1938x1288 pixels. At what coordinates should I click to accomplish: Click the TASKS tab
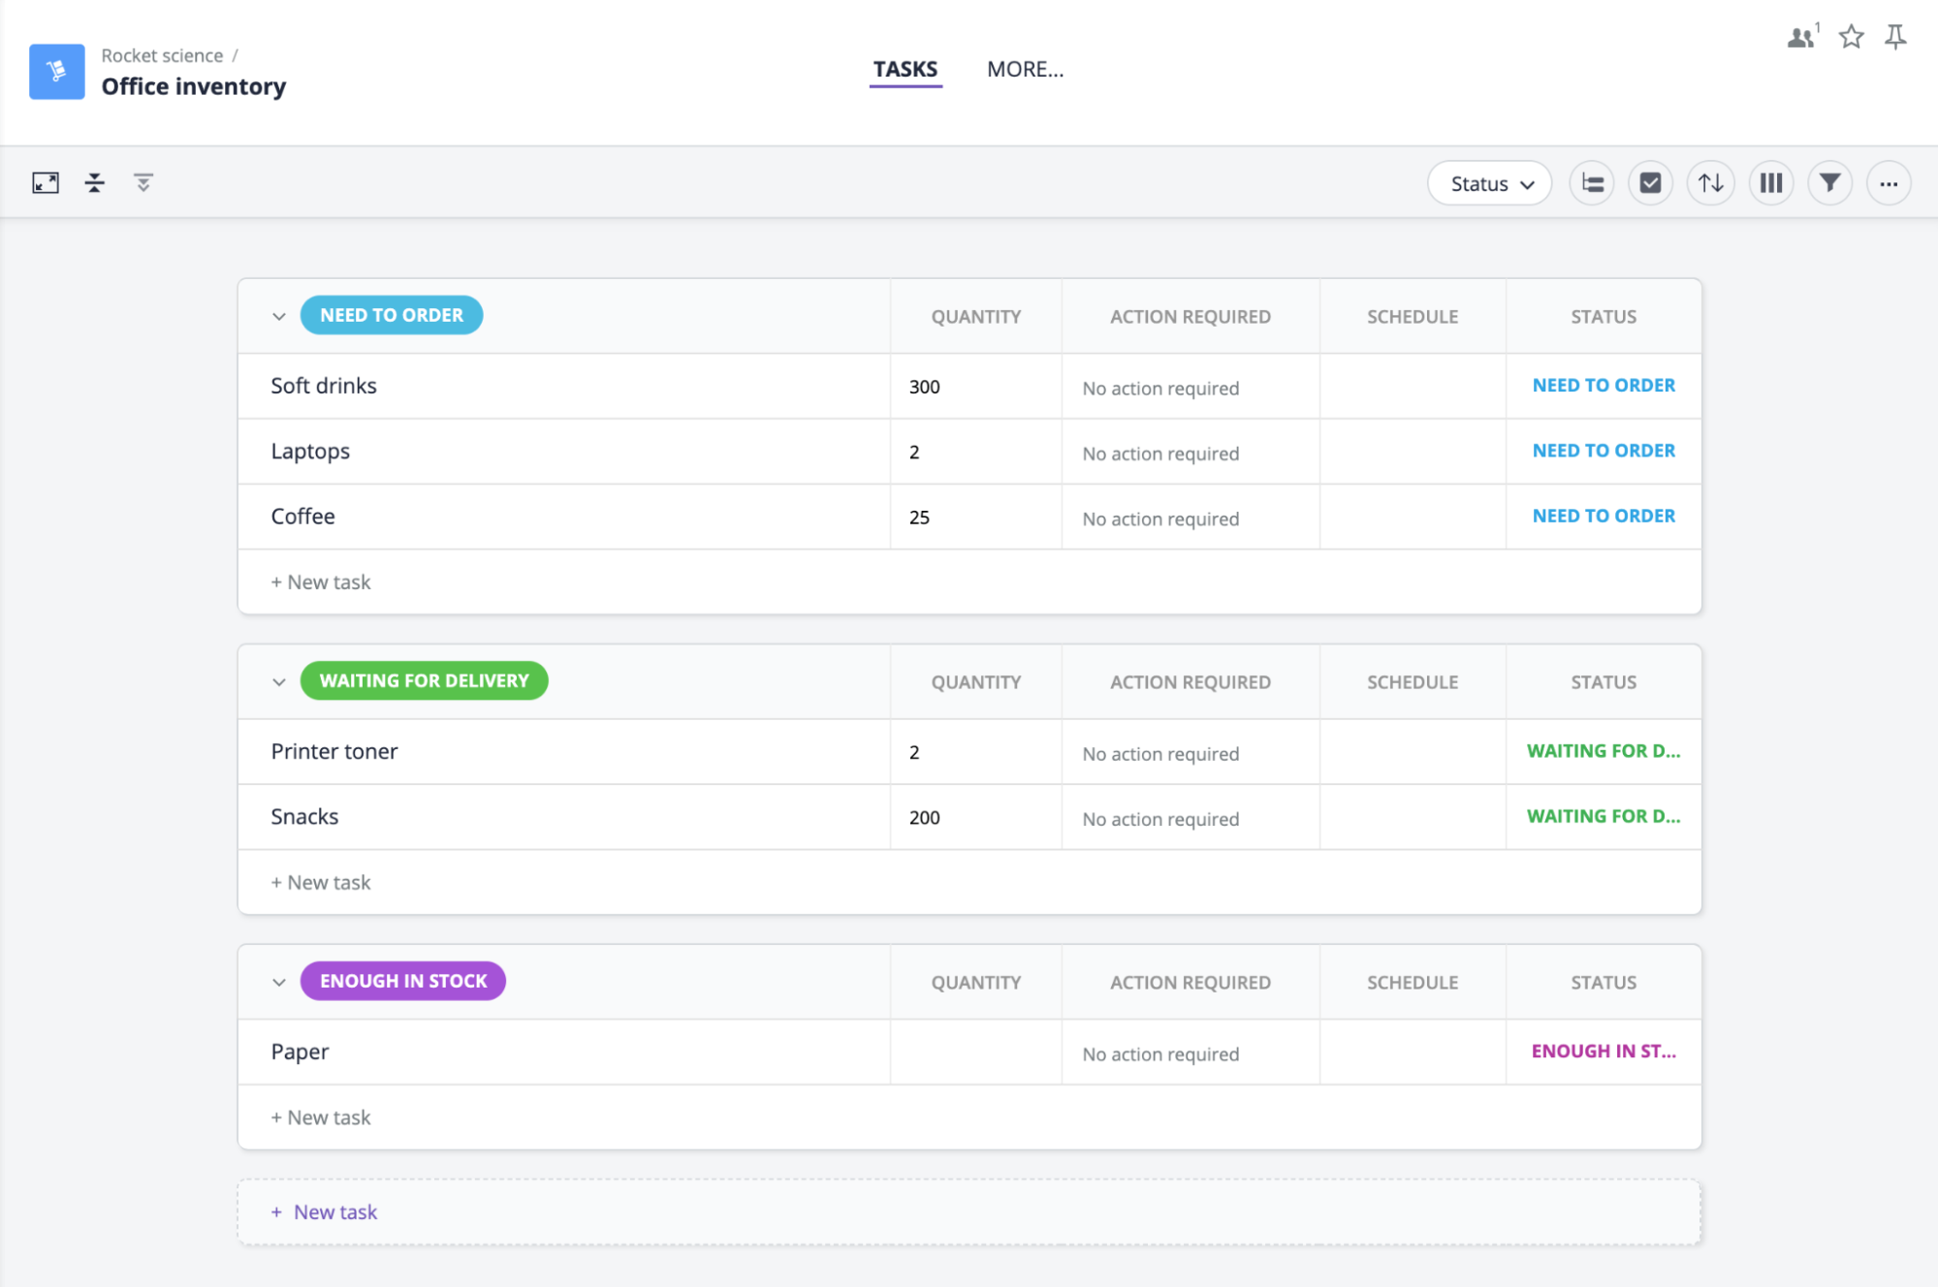[905, 69]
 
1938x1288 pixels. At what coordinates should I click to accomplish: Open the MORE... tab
[1025, 69]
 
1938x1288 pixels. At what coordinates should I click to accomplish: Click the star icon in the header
[1851, 37]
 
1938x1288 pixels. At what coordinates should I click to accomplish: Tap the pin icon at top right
[1895, 37]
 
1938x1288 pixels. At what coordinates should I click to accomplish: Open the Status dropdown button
[1489, 183]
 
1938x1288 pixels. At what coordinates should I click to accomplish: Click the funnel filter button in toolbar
[1829, 183]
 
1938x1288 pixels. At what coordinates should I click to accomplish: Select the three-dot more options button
[1889, 183]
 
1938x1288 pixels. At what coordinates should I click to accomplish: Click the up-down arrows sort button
[1711, 183]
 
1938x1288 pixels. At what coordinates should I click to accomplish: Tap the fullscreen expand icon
[46, 182]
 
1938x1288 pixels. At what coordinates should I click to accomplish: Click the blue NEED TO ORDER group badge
[392, 315]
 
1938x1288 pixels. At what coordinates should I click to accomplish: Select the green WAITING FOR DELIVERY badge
[425, 680]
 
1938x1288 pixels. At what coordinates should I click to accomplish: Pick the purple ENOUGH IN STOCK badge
[403, 981]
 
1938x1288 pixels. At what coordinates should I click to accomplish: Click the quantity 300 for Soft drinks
[925, 387]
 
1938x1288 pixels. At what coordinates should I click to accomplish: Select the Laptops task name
[310, 452]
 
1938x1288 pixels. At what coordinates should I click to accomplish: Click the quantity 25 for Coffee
[919, 518]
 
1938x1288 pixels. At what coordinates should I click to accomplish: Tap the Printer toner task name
[334, 751]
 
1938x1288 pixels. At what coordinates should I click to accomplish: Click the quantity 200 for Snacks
[925, 818]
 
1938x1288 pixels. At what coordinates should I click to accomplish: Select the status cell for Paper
[1604, 1052]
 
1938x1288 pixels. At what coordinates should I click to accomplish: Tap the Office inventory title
[194, 86]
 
